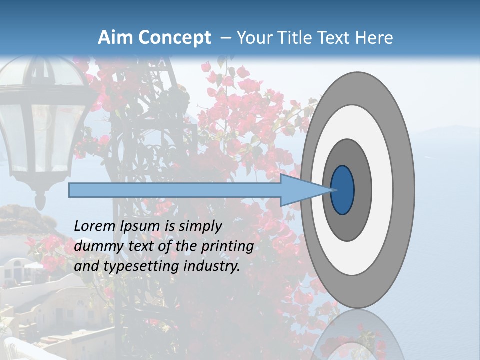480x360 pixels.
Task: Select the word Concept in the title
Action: tap(174, 38)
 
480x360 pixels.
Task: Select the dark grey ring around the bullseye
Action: tap(362, 190)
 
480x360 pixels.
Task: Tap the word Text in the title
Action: tap(335, 38)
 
